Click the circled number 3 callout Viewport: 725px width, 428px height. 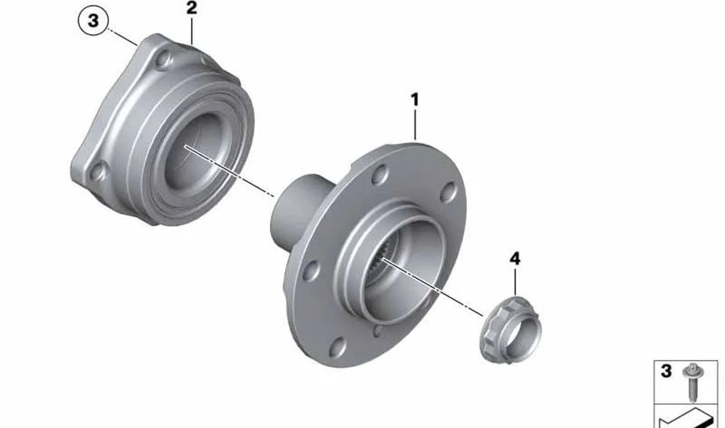tap(93, 21)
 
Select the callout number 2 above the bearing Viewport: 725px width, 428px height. tap(192, 8)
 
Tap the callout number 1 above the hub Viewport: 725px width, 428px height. tap(415, 100)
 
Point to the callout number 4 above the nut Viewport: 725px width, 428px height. tap(515, 259)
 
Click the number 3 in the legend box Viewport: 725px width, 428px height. tap(666, 371)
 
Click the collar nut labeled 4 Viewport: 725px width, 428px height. tap(510, 330)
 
